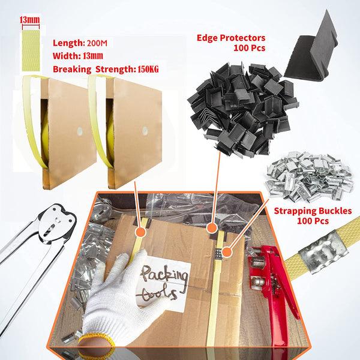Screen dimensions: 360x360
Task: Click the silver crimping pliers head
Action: click(53, 218)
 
